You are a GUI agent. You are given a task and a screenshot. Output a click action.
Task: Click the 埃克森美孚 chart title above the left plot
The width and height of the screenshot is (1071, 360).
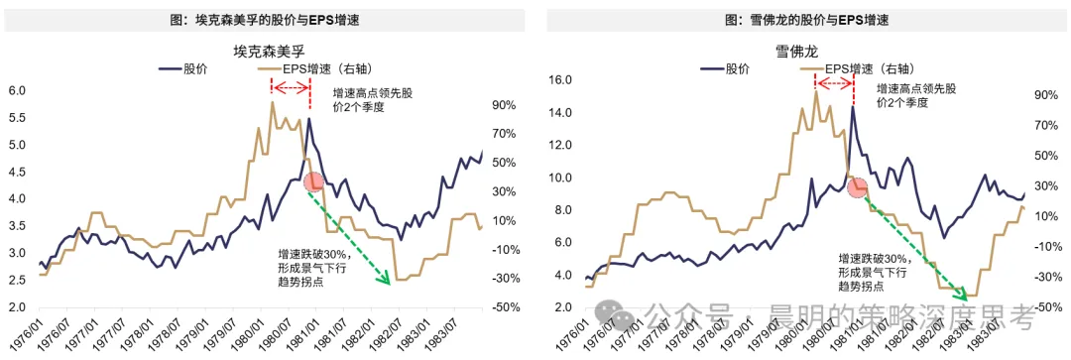click(268, 52)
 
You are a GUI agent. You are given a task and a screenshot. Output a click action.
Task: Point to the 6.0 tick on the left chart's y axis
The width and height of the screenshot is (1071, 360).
click(17, 91)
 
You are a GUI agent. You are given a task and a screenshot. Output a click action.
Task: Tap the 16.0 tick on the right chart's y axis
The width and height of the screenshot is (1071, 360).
click(558, 80)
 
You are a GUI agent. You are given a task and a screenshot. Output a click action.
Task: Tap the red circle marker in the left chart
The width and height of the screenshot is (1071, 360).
click(313, 182)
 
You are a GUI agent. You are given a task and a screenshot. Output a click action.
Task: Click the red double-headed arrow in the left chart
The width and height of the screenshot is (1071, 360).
click(291, 86)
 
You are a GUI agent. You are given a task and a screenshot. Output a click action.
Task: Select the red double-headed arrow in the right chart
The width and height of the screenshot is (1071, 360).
click(834, 83)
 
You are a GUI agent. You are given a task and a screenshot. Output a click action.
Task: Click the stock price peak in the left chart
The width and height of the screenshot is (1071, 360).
click(309, 119)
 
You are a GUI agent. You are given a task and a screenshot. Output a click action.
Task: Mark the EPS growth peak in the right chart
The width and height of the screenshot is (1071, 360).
click(815, 92)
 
